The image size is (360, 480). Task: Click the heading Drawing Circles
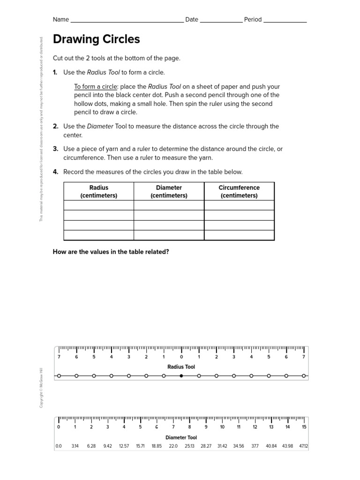[x=96, y=39]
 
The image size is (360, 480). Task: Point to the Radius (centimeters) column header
[x=98, y=191]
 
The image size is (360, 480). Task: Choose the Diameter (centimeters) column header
[x=169, y=191]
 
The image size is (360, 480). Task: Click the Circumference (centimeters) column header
[x=239, y=191]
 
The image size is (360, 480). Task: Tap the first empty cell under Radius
[x=98, y=205]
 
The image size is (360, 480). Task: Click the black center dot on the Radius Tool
[x=181, y=375]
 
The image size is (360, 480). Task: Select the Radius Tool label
[x=181, y=367]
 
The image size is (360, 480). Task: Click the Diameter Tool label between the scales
[x=181, y=437]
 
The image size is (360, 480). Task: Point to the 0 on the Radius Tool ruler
[x=181, y=357]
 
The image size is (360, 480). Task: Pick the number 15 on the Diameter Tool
[x=304, y=427]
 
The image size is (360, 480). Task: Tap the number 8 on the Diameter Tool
[x=189, y=427]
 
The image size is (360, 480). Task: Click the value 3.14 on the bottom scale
[x=75, y=446]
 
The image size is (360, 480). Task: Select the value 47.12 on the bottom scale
[x=303, y=446]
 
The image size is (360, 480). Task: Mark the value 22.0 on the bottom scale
[x=173, y=446]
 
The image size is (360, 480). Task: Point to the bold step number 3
[x=55, y=149]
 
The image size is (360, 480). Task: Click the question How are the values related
[x=111, y=252]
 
